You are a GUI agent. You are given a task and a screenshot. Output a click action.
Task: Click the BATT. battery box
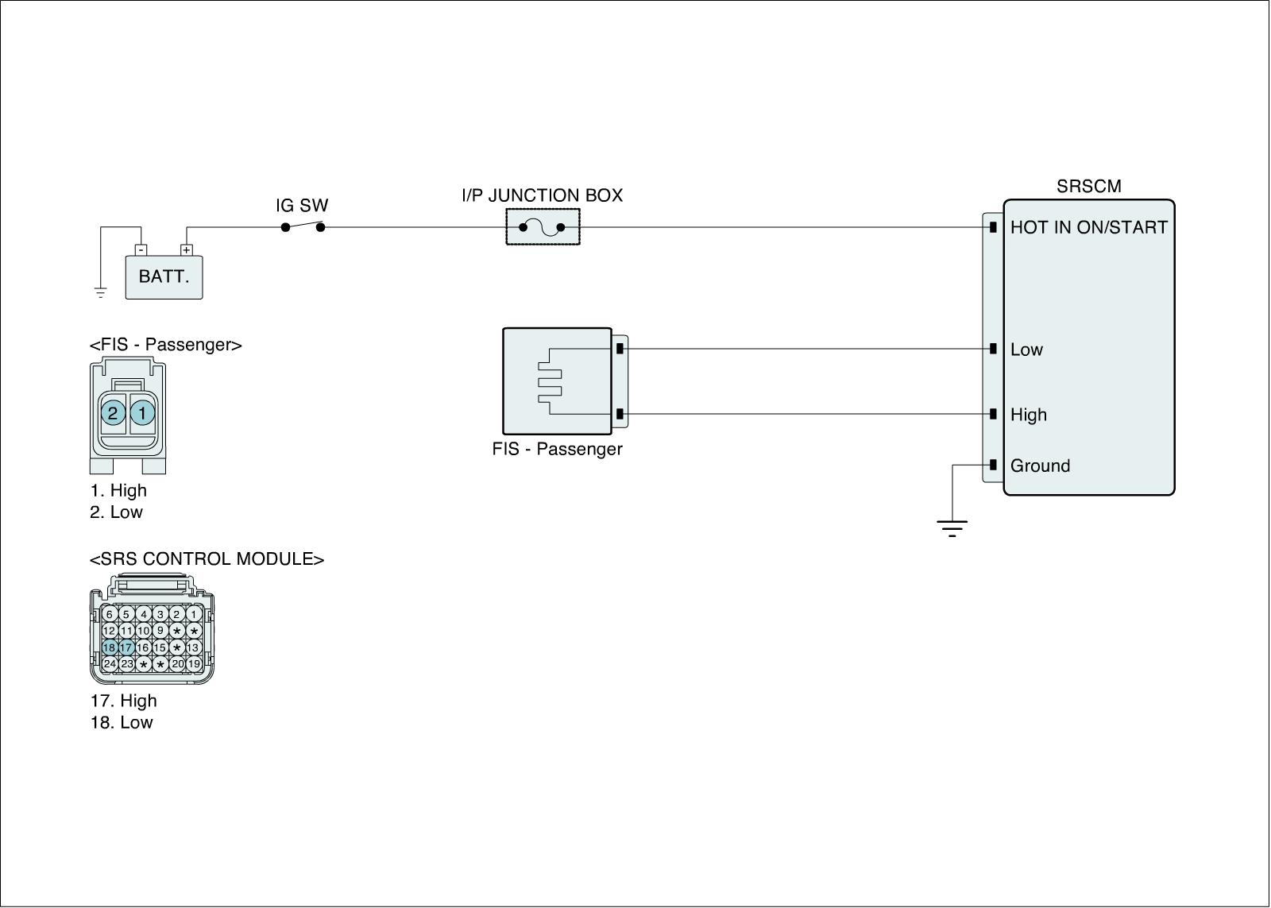164,277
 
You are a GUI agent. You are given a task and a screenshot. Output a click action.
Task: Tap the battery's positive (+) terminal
187,249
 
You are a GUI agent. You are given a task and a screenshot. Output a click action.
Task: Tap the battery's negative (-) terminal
141,249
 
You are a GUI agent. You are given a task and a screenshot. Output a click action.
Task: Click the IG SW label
302,207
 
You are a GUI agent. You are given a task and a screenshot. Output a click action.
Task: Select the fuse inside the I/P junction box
543,228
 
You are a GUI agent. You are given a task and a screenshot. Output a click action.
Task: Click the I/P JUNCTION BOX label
542,195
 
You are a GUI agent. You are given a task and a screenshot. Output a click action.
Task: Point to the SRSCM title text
1088,187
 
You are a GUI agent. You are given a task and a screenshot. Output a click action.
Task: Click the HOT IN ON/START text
1088,228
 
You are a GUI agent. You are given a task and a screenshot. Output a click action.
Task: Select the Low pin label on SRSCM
1026,350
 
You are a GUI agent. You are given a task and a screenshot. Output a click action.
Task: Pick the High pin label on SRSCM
1029,415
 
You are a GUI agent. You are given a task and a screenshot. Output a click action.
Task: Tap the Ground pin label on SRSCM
1040,466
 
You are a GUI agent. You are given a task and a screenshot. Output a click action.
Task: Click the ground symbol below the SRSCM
952,527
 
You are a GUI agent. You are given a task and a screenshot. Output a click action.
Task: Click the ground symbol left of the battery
101,292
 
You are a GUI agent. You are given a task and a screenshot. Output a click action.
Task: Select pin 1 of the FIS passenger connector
142,413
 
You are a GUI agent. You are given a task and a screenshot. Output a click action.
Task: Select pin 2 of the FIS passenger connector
113,413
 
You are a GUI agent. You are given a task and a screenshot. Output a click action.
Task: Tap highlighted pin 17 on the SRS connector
126,647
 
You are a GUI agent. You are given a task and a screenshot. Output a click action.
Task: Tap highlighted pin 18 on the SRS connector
109,647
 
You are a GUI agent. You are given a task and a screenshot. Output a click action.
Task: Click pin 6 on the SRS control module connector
109,614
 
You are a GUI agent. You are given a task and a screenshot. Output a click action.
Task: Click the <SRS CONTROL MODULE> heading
207,559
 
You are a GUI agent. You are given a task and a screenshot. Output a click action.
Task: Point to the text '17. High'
123,701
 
